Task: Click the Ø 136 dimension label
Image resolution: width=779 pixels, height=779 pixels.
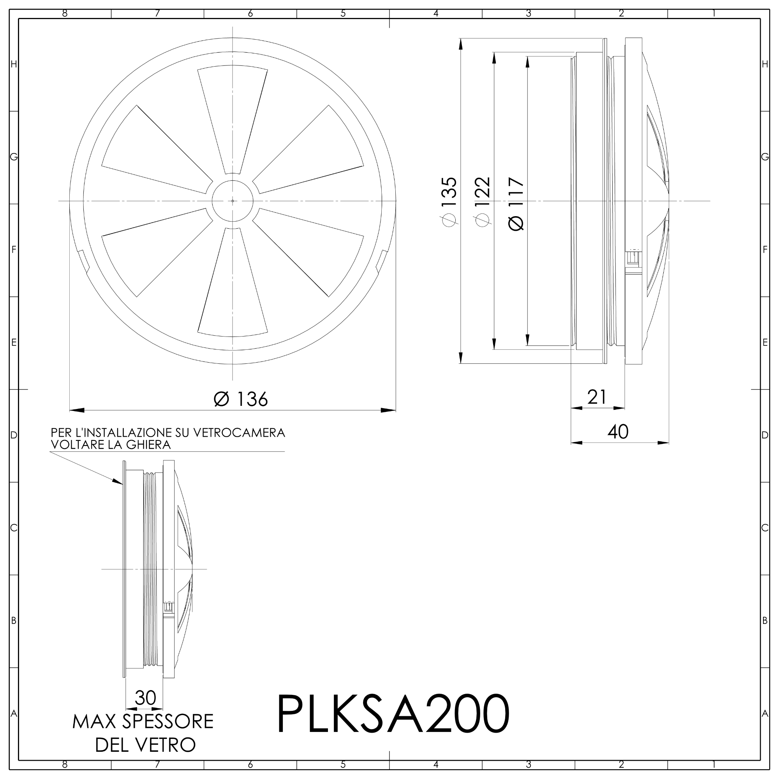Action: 241,399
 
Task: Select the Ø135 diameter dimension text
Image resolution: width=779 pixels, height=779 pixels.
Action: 449,202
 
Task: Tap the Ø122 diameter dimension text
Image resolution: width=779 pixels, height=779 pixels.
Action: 482,202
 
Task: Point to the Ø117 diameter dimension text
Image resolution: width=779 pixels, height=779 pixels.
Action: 516,204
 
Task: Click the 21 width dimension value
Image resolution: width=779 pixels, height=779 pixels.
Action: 597,397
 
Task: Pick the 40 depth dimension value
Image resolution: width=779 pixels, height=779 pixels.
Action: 618,432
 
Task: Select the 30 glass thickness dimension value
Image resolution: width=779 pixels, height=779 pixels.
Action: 145,698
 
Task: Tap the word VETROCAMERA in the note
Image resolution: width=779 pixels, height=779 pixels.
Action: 239,433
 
